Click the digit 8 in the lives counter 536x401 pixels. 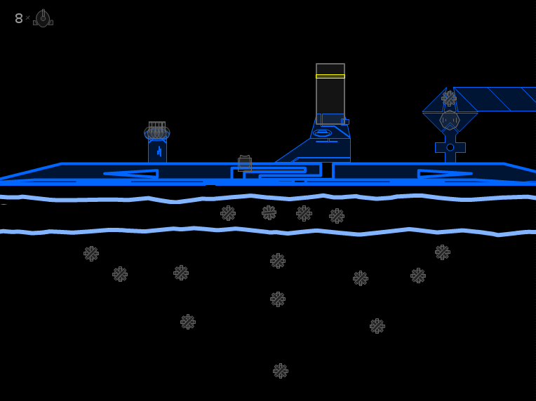pyautogui.click(x=19, y=18)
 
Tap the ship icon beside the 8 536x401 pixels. pyautogui.click(x=43, y=18)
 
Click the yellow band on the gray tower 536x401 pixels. pyautogui.click(x=330, y=76)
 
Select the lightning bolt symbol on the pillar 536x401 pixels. pyautogui.click(x=159, y=151)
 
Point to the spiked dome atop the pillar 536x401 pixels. pyautogui.click(x=157, y=131)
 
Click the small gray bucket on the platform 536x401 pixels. pyautogui.click(x=245, y=163)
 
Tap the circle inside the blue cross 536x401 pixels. pyautogui.click(x=450, y=147)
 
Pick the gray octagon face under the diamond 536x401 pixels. pyautogui.click(x=450, y=121)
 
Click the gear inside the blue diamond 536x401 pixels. pyautogui.click(x=449, y=99)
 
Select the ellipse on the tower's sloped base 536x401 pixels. pyautogui.click(x=322, y=133)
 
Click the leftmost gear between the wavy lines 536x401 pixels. pyautogui.click(x=228, y=214)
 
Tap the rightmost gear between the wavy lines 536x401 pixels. pyautogui.click(x=337, y=216)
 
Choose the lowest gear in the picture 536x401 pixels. pyautogui.click(x=281, y=371)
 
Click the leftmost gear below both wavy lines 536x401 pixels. pyautogui.click(x=91, y=254)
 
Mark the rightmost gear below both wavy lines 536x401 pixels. pyautogui.click(x=443, y=252)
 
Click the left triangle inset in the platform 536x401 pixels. pyautogui.click(x=131, y=174)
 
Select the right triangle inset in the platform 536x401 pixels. pyautogui.click(x=445, y=174)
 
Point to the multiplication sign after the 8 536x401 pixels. pyautogui.click(x=27, y=18)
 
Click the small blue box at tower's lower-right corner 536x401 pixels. pyautogui.click(x=345, y=122)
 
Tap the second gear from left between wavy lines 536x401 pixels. pyautogui.click(x=269, y=213)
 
